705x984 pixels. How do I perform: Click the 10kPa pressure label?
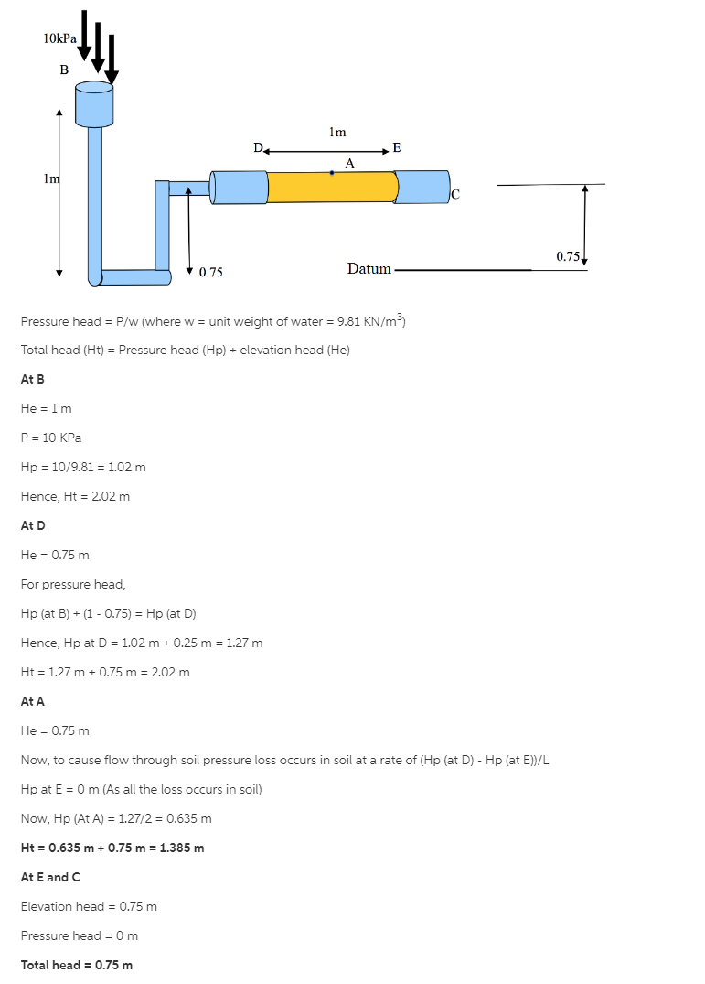pyautogui.click(x=59, y=38)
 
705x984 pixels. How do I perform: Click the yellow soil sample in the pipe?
pyautogui.click(x=333, y=187)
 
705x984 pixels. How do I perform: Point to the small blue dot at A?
pyautogui.click(x=332, y=172)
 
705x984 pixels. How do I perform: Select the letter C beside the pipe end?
pyautogui.click(x=455, y=193)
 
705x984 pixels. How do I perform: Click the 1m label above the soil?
pyautogui.click(x=337, y=132)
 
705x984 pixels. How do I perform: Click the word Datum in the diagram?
pyautogui.click(x=369, y=268)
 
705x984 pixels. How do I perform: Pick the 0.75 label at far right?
pyautogui.click(x=568, y=256)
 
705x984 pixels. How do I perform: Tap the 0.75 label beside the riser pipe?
pyautogui.click(x=211, y=272)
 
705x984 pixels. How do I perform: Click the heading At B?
pyautogui.click(x=32, y=379)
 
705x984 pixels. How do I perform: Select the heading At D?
pyautogui.click(x=33, y=525)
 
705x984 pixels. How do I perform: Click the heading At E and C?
pyautogui.click(x=50, y=877)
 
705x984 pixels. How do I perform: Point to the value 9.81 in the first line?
pyautogui.click(x=351, y=321)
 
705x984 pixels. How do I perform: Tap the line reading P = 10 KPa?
pyautogui.click(x=51, y=438)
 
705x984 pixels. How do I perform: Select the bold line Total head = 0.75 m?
pyautogui.click(x=77, y=965)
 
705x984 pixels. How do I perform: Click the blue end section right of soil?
pyautogui.click(x=423, y=187)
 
